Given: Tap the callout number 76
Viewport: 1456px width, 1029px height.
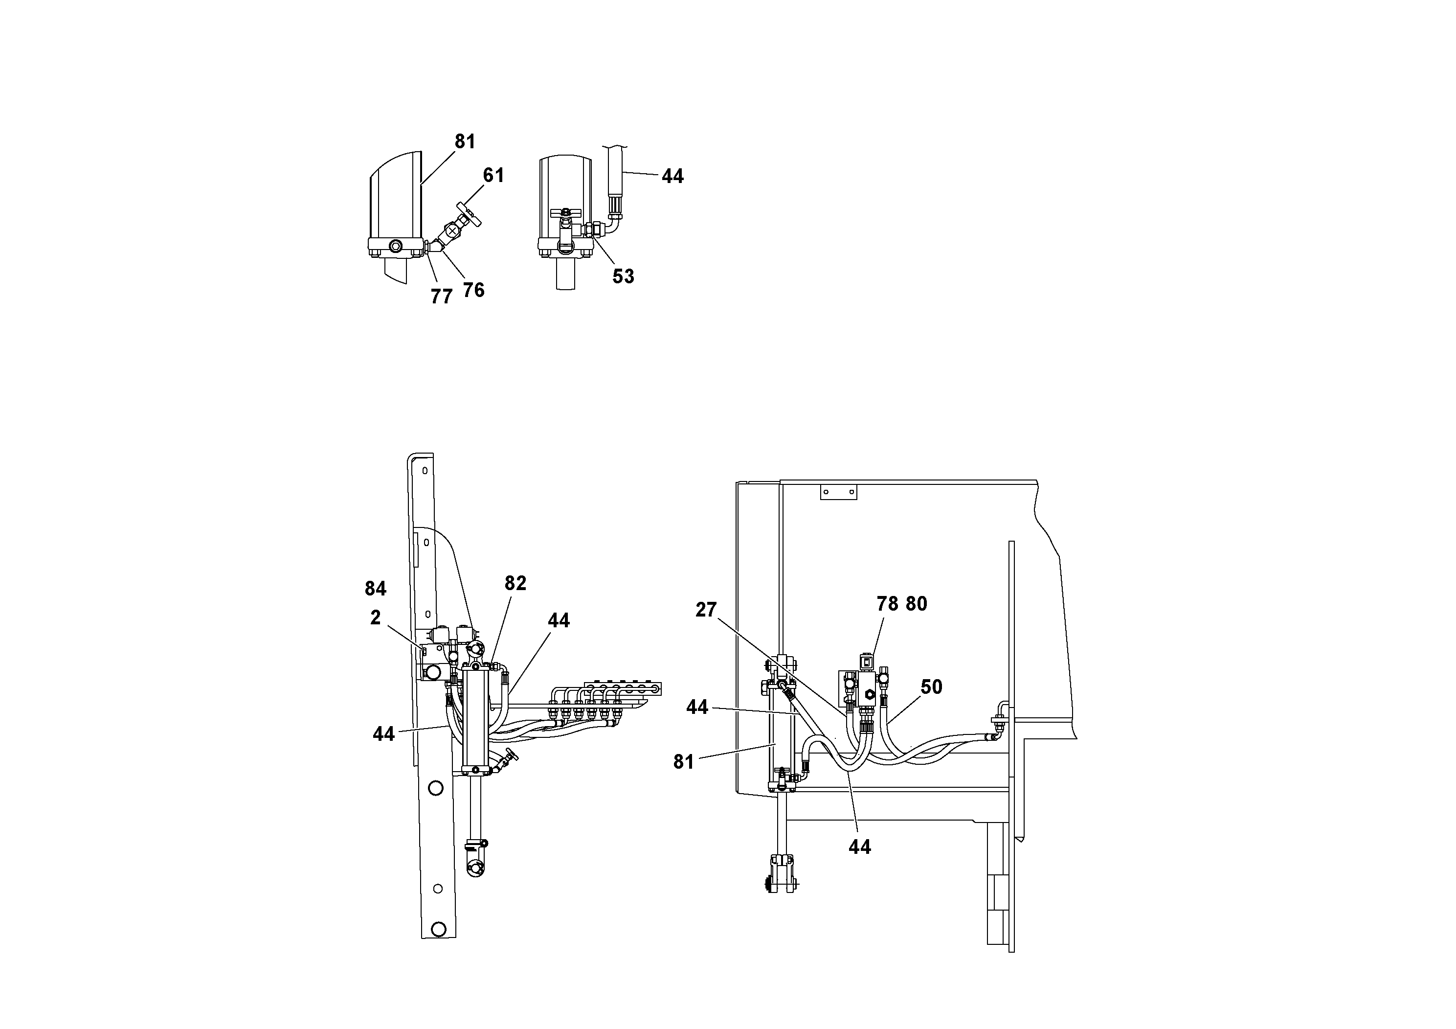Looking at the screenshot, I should (473, 290).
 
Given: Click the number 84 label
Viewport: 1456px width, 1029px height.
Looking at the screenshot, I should (376, 589).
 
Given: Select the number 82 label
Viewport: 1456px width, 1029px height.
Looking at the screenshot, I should (515, 583).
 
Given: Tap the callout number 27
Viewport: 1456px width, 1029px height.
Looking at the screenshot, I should (705, 610).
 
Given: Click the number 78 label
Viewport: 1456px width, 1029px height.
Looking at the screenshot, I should (887, 604).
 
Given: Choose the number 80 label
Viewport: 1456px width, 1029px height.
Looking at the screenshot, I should (917, 604).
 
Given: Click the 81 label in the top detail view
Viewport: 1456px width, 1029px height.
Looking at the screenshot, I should (465, 141).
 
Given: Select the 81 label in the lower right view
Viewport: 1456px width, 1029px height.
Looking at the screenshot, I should (684, 762).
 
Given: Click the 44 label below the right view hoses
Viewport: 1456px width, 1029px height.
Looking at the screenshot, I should (859, 847).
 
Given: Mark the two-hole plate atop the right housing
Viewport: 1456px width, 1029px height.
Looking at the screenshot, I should (838, 492).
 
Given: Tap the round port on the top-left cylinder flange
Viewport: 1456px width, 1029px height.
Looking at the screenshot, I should (396, 246).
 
